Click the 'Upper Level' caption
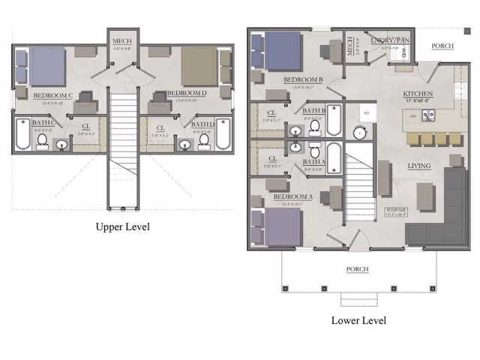pos(123,226)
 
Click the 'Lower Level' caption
pos(358,320)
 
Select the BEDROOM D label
pos(186,93)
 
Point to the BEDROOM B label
pos(303,79)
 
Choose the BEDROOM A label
pos(292,196)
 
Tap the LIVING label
pos(418,166)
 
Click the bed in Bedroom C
pos(46,66)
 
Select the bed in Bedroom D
pos(199,67)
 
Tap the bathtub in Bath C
pos(22,136)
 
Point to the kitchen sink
pos(429,115)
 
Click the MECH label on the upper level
pos(121,40)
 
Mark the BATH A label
pos(313,161)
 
